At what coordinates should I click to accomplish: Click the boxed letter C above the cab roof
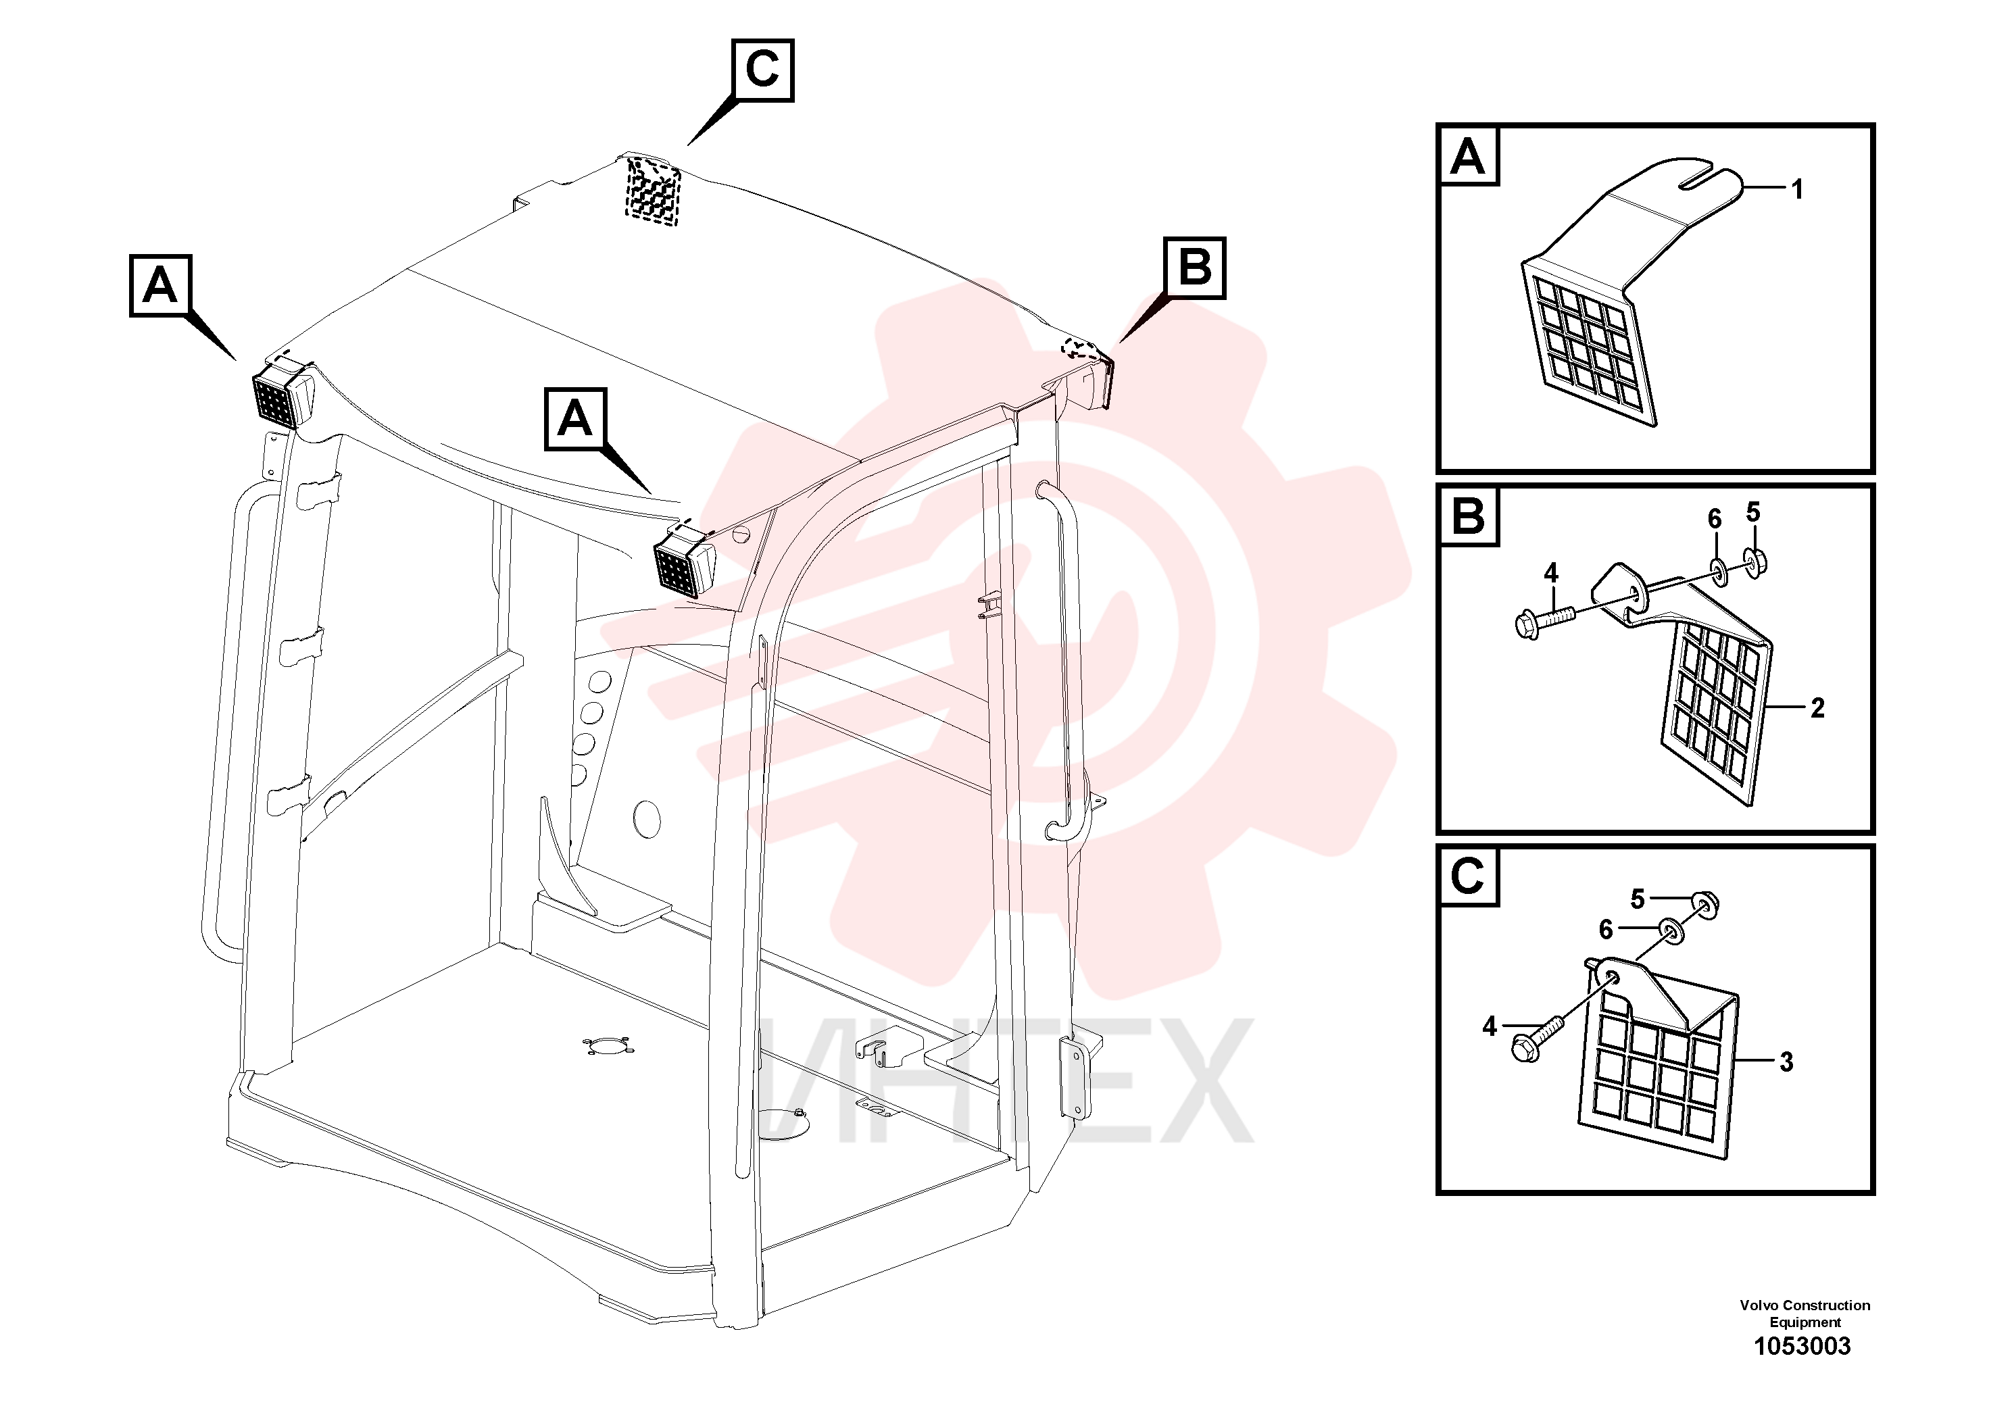(x=762, y=70)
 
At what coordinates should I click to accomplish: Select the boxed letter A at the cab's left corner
(x=160, y=286)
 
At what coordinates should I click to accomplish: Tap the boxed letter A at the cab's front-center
(x=575, y=419)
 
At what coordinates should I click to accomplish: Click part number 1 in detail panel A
(x=1796, y=189)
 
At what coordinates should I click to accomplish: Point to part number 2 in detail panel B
(x=1817, y=708)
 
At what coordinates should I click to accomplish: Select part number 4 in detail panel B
(x=1551, y=574)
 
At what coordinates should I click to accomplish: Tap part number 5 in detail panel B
(x=1752, y=512)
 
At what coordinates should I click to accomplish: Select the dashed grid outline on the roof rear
(x=653, y=190)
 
